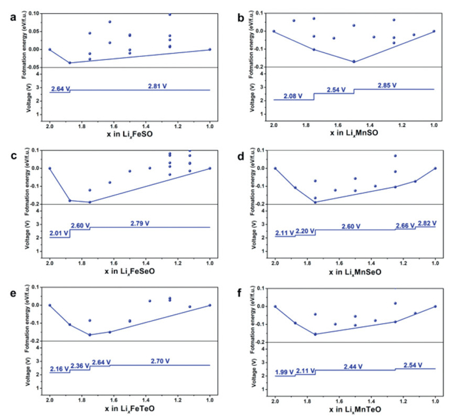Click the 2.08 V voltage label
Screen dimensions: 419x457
pyautogui.click(x=293, y=96)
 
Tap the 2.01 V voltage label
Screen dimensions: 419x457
pyautogui.click(x=59, y=233)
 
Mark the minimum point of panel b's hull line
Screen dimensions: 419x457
pyautogui.click(x=354, y=61)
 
